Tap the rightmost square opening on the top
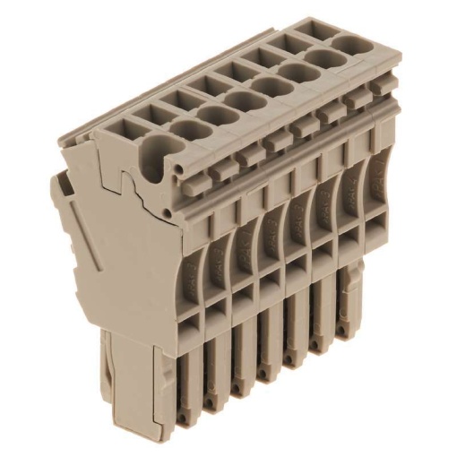tap(308, 27)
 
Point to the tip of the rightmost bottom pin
tap(346, 335)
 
